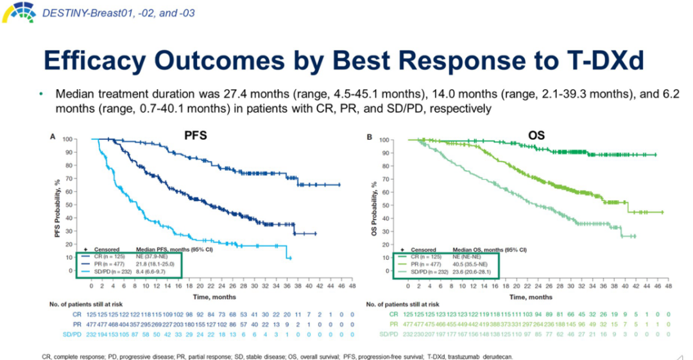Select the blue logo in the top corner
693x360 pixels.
point(18,12)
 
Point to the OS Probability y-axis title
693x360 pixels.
point(374,205)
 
